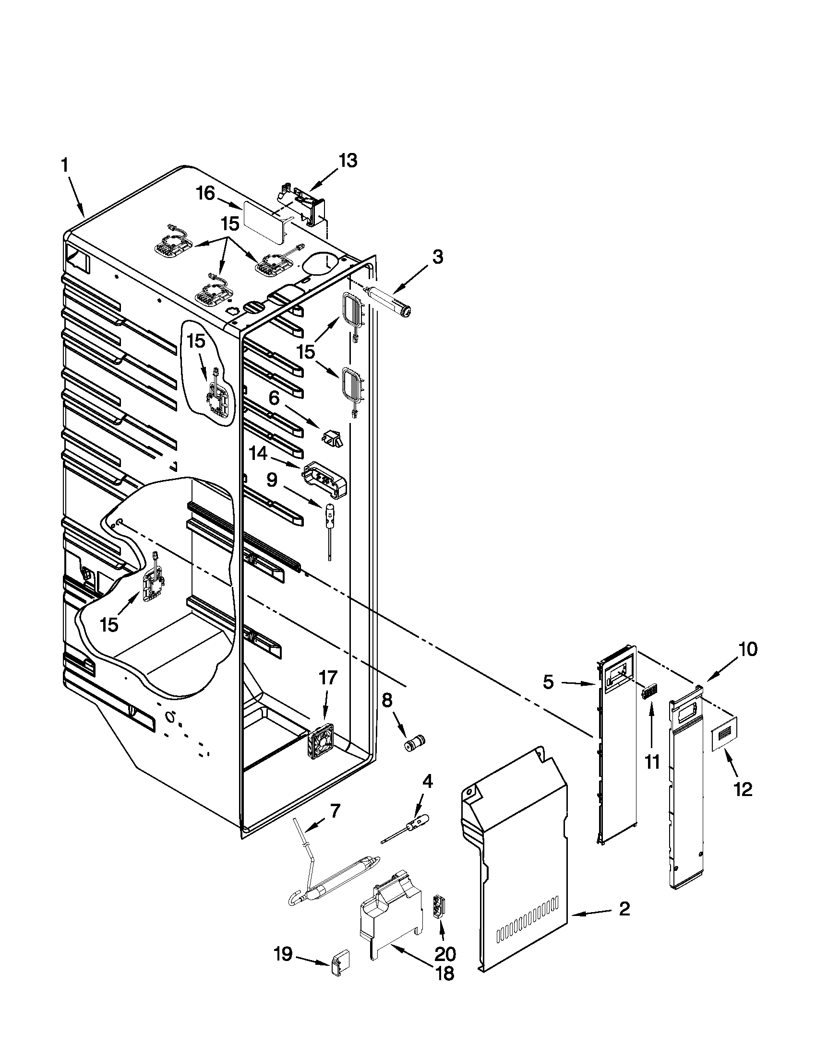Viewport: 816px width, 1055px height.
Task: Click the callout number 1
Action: pos(65,166)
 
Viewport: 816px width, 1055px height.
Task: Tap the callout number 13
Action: pos(348,160)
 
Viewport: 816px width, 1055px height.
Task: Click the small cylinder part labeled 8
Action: pos(414,744)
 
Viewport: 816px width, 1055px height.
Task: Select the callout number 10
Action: pos(747,650)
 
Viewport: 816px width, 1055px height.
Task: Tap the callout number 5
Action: pos(548,682)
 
